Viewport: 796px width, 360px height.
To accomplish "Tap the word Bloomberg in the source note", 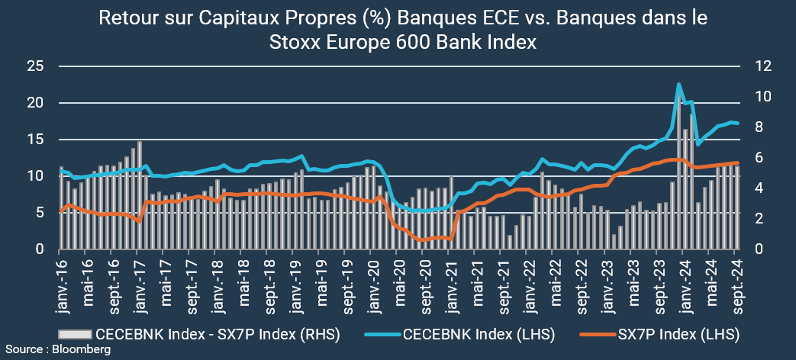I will (81, 349).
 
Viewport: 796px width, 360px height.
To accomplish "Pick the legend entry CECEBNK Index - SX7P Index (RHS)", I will (218, 334).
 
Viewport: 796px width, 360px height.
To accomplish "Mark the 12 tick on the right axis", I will (762, 66).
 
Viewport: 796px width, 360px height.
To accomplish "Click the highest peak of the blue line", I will (678, 84).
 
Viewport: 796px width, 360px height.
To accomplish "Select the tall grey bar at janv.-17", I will (140, 194).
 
